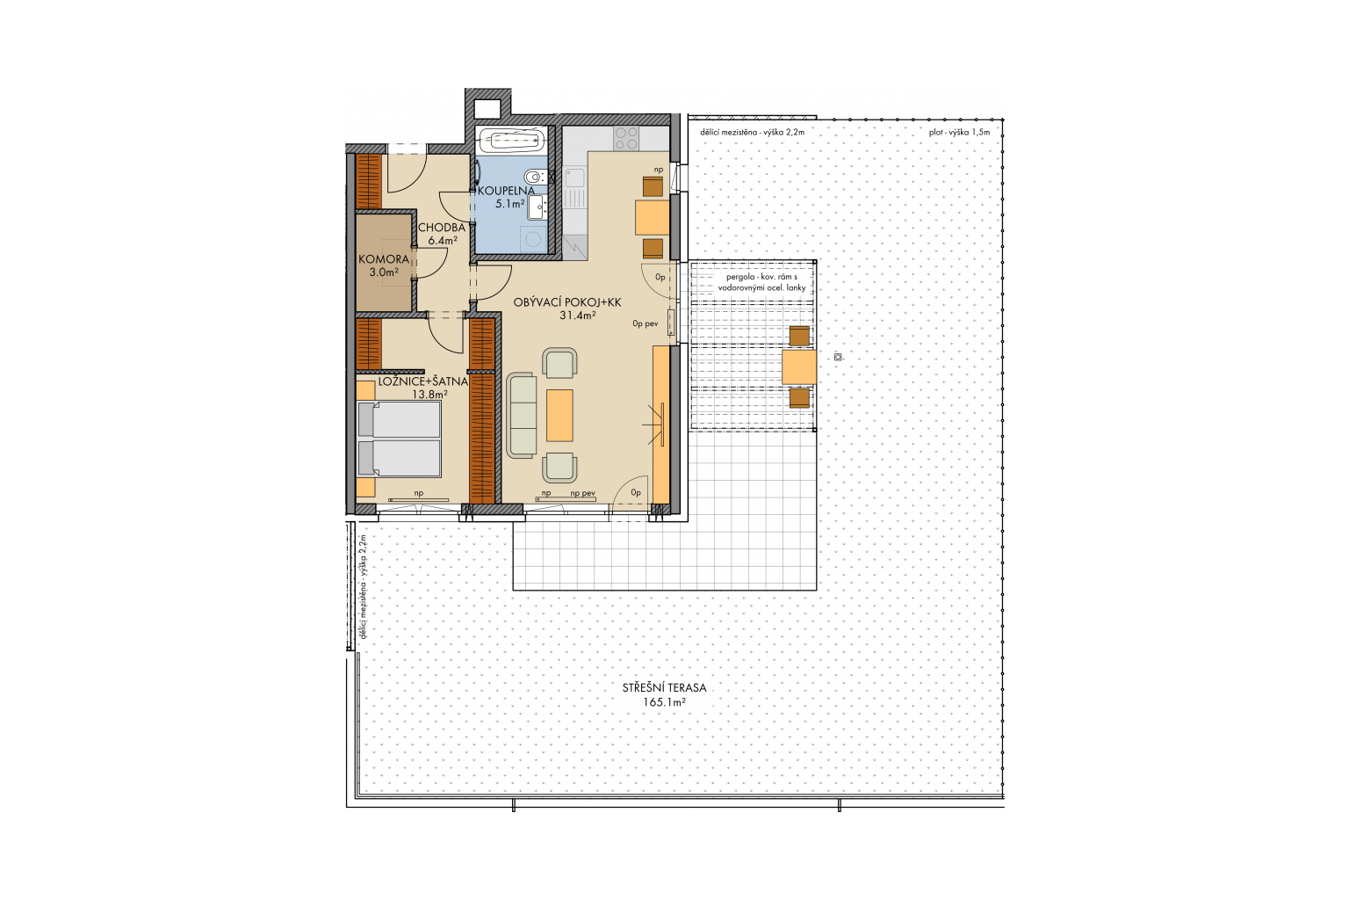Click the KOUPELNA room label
point(506,191)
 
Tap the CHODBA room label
point(442,228)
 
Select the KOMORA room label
point(384,259)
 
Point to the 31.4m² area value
point(578,316)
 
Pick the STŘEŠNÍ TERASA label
point(664,688)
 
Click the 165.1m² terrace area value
point(664,702)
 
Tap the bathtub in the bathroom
point(511,141)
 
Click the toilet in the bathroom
point(535,178)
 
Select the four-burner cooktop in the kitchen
point(626,139)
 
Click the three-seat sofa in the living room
point(522,416)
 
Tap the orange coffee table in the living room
point(559,416)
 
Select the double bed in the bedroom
point(399,439)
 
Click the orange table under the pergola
point(799,367)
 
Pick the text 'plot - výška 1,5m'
point(959,132)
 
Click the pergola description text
point(761,283)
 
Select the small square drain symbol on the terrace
point(838,357)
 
